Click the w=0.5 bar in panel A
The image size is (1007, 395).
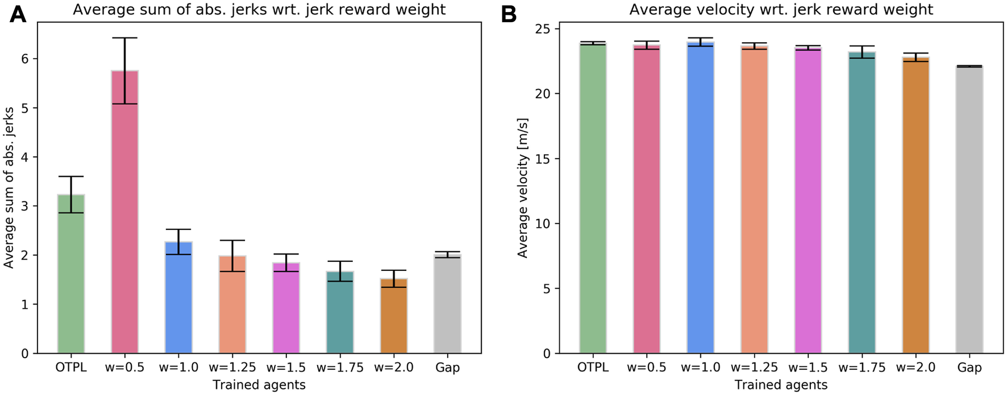[x=124, y=228]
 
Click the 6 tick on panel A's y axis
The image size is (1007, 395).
[x=26, y=59]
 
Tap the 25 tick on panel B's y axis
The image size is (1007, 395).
[x=543, y=28]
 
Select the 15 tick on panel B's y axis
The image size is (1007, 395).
[x=543, y=159]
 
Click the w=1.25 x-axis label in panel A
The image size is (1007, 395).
[x=232, y=368]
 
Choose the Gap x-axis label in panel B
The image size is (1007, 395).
[x=969, y=368]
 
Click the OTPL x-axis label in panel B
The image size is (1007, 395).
[x=593, y=368]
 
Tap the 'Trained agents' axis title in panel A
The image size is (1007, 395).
[x=259, y=385]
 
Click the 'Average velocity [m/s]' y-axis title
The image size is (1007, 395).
[x=523, y=188]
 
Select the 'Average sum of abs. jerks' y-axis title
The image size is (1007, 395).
[x=9, y=188]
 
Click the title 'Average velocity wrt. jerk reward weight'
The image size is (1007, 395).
[x=781, y=10]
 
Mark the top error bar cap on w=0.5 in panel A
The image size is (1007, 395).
[x=124, y=38]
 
